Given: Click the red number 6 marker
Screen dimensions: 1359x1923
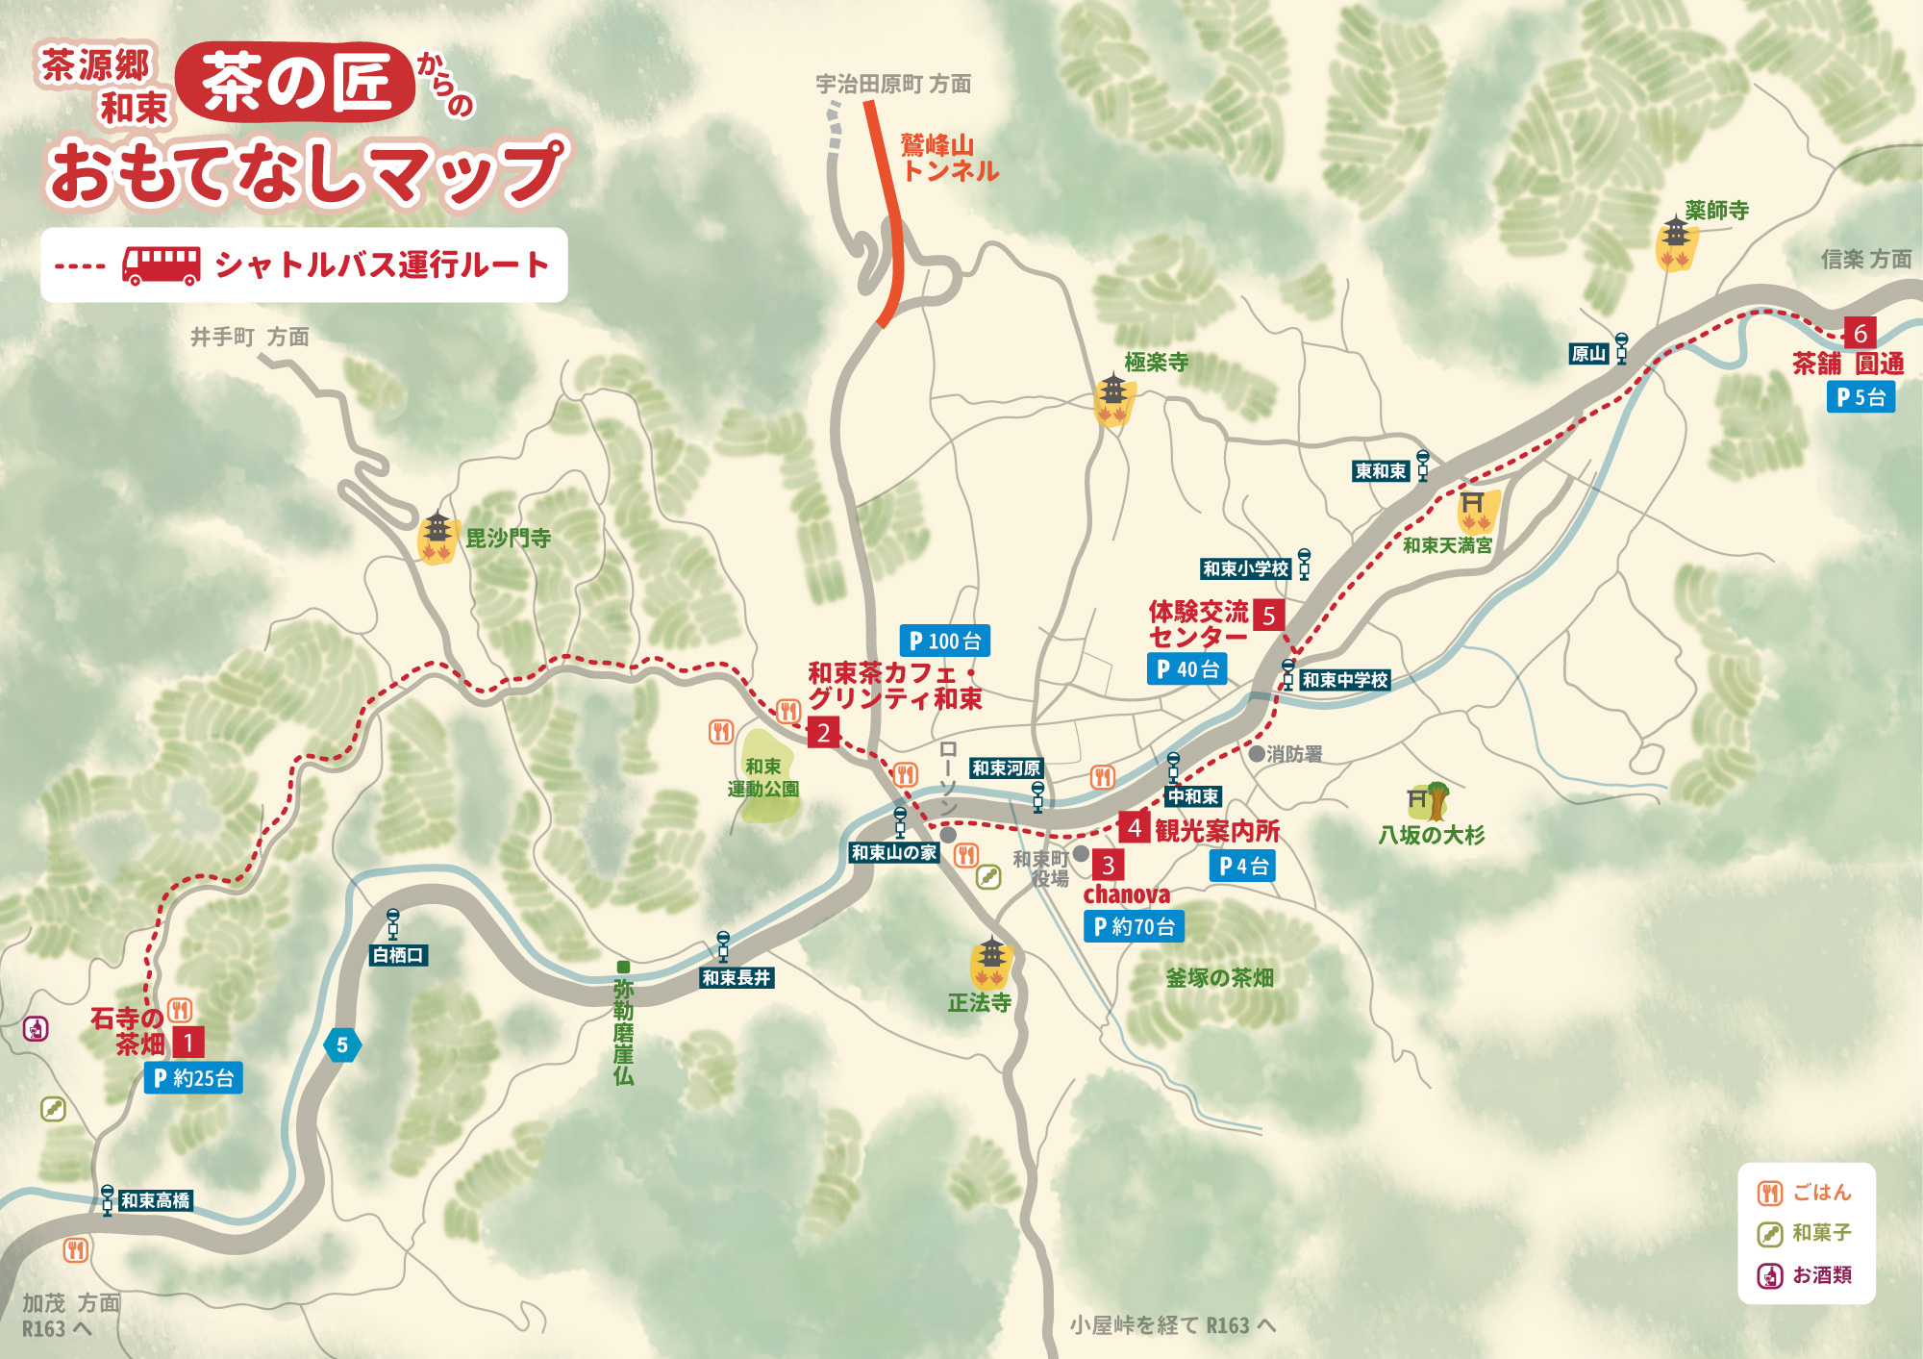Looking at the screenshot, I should pos(1860,333).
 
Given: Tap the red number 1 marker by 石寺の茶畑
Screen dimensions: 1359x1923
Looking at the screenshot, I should pos(188,1043).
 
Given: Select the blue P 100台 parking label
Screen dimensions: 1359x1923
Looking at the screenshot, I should pos(945,641).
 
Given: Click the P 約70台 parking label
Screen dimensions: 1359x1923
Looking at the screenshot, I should pos(1134,926).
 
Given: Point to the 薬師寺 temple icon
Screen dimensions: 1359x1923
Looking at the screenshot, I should pos(1676,243).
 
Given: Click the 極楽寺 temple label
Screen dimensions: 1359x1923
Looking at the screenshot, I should pos(1157,362).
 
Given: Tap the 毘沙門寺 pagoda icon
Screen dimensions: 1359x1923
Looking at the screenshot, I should pos(437,537).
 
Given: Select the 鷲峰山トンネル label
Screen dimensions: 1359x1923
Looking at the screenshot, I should pos(949,158).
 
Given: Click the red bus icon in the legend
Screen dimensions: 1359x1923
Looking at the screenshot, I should pos(161,265).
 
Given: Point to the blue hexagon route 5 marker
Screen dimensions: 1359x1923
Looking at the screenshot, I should pos(342,1044).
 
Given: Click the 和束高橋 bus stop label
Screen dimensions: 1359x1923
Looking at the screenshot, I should pos(155,1200).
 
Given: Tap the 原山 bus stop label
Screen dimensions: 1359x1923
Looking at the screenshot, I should pos(1588,354).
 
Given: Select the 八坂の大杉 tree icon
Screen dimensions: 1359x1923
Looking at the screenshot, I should pos(1430,800).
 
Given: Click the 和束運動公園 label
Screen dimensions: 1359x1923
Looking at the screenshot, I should pos(763,777).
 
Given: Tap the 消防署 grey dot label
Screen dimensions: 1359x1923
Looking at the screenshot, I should pos(1286,754).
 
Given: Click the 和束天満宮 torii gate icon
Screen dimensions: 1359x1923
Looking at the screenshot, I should pos(1474,511).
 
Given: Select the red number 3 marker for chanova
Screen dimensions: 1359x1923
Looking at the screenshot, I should pos(1108,865).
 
